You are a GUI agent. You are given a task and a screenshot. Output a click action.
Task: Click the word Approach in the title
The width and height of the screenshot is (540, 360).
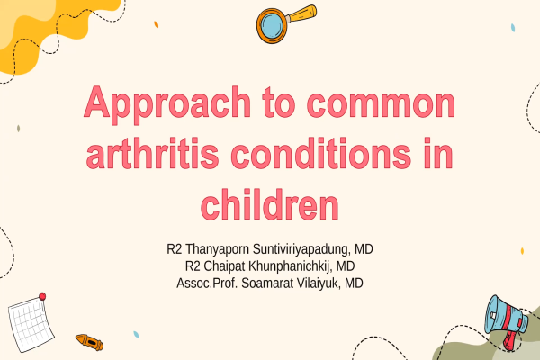click(167, 104)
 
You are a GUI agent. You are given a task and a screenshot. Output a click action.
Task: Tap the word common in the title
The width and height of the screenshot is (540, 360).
click(381, 104)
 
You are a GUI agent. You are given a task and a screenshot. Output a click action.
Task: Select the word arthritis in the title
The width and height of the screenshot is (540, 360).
click(152, 153)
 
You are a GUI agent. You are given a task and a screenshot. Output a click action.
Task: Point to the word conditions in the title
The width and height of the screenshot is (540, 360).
click(321, 153)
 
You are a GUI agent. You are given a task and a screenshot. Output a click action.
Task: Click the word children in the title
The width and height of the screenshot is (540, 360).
click(270, 203)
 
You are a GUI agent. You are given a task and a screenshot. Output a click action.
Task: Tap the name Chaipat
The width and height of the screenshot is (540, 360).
click(224, 266)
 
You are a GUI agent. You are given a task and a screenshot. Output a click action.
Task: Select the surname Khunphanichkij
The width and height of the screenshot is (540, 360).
click(291, 266)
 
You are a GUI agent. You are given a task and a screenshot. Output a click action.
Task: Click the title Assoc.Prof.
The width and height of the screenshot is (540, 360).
click(207, 283)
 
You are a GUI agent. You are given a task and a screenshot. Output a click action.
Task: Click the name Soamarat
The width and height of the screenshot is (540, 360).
click(267, 283)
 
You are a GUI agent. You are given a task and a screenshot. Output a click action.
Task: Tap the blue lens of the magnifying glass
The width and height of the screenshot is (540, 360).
click(272, 25)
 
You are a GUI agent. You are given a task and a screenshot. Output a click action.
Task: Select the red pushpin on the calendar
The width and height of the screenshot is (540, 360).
click(42, 296)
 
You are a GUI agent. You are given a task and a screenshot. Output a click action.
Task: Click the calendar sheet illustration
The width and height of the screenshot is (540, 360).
click(31, 325)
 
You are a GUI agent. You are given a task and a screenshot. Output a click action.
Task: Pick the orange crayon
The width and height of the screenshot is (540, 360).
click(89, 342)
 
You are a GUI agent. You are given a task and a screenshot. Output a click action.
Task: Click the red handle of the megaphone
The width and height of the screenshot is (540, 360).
click(508, 341)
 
